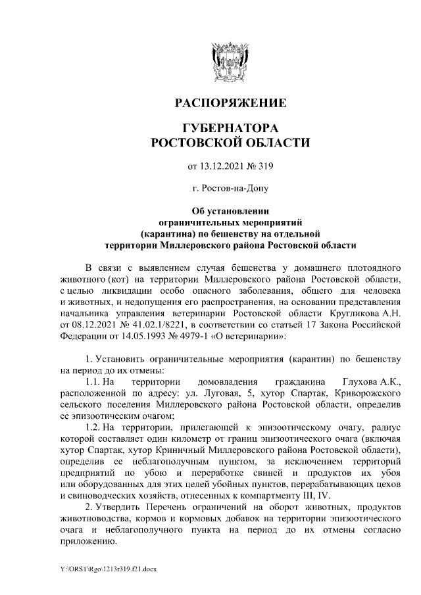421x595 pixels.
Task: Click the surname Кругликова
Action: click(x=345, y=314)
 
